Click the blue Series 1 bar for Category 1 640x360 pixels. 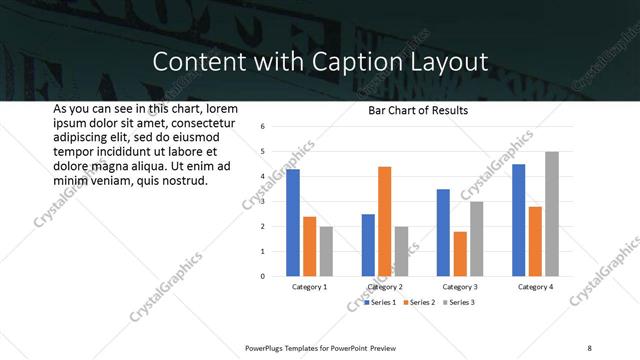click(293, 223)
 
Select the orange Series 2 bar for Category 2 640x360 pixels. click(385, 221)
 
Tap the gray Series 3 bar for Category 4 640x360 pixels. click(552, 214)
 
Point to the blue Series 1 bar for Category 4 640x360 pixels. click(519, 220)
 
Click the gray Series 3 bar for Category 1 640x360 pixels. click(326, 251)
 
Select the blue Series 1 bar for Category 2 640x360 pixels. click(368, 245)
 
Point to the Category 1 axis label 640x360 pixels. click(309, 287)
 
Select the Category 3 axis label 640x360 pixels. click(460, 287)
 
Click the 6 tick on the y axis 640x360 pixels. click(261, 127)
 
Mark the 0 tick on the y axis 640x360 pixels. click(261, 276)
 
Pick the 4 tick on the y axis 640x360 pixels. click(261, 177)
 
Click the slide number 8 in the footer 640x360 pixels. click(589, 347)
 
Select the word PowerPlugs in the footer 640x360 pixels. click(267, 347)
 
